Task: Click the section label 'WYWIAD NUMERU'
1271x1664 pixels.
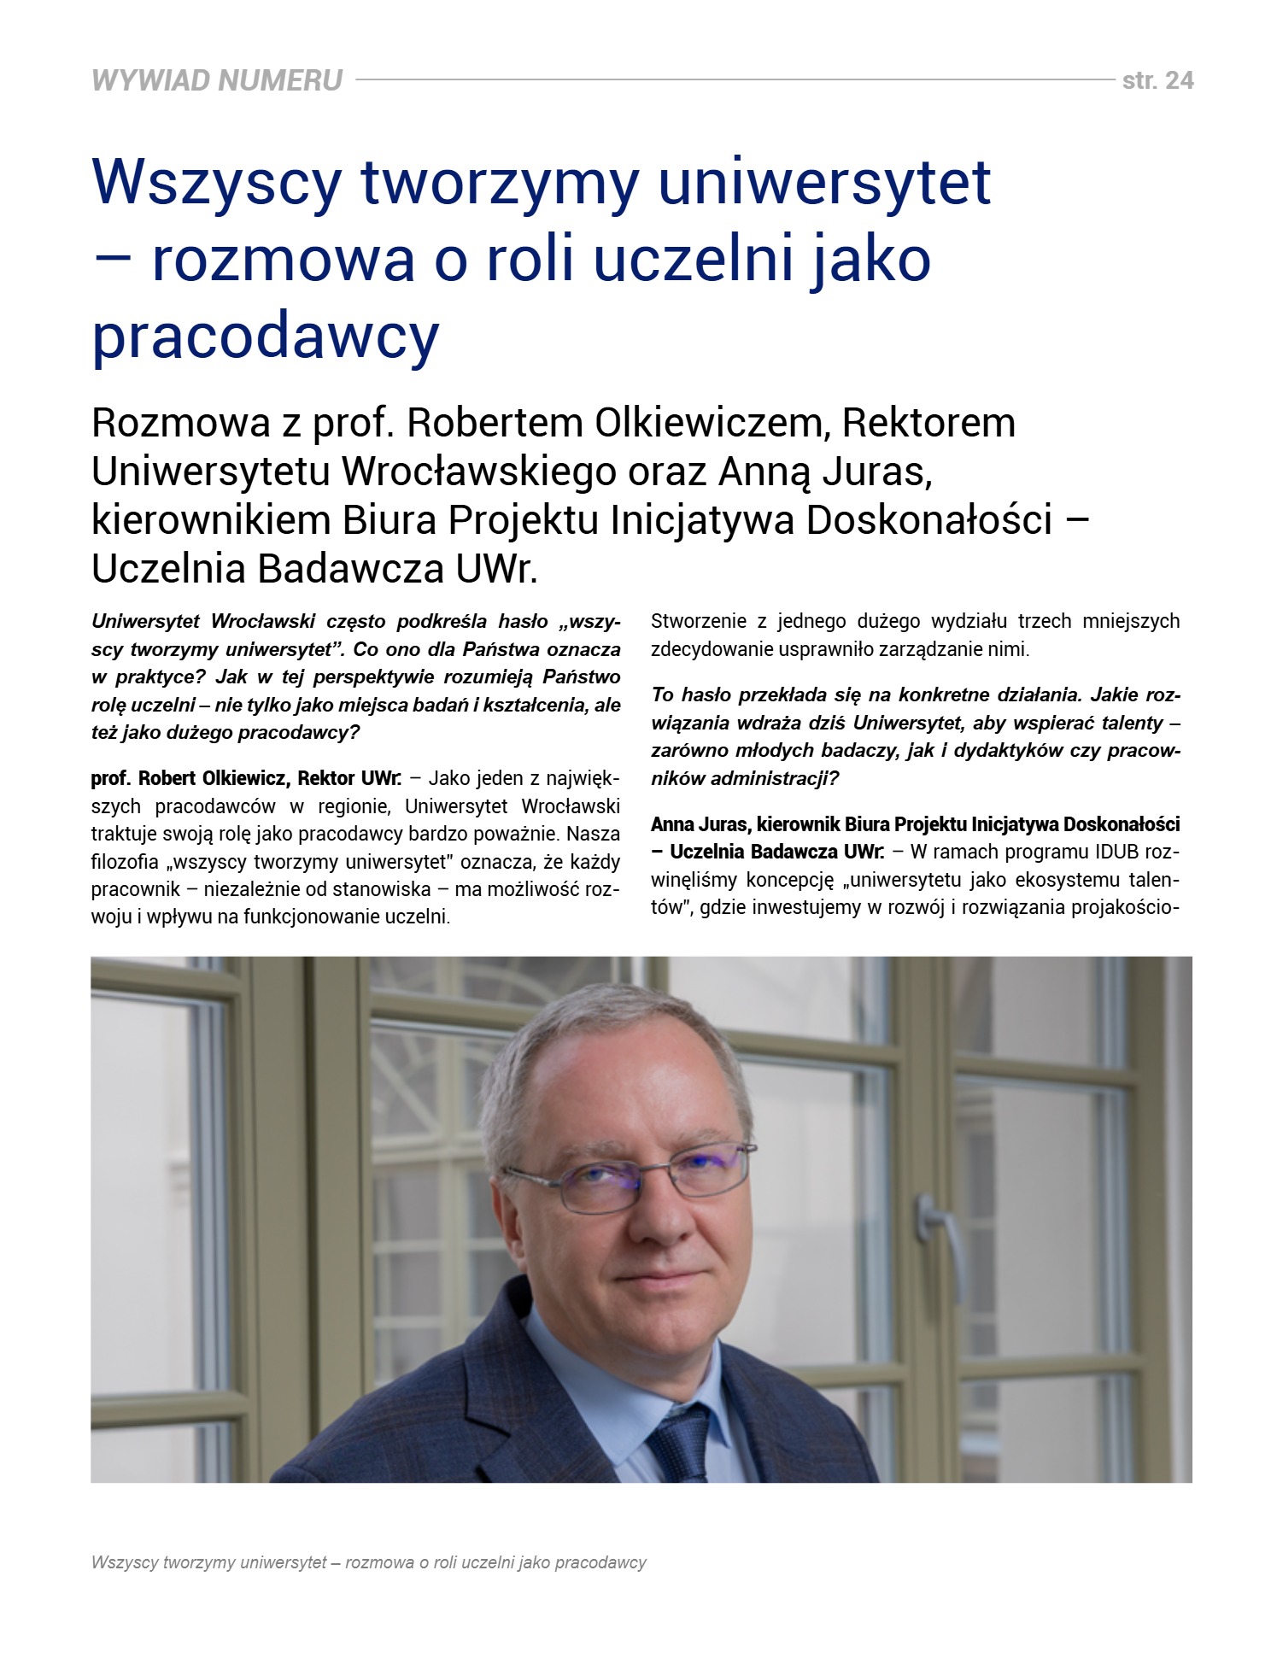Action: [x=217, y=80]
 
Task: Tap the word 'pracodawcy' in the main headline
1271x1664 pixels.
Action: [x=265, y=336]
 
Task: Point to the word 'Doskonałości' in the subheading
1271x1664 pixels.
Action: [x=928, y=520]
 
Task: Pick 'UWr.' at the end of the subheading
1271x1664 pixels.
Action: [x=497, y=569]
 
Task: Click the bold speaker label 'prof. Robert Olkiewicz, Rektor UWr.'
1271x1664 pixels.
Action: [x=246, y=778]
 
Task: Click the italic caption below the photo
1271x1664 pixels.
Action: [x=368, y=1562]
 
